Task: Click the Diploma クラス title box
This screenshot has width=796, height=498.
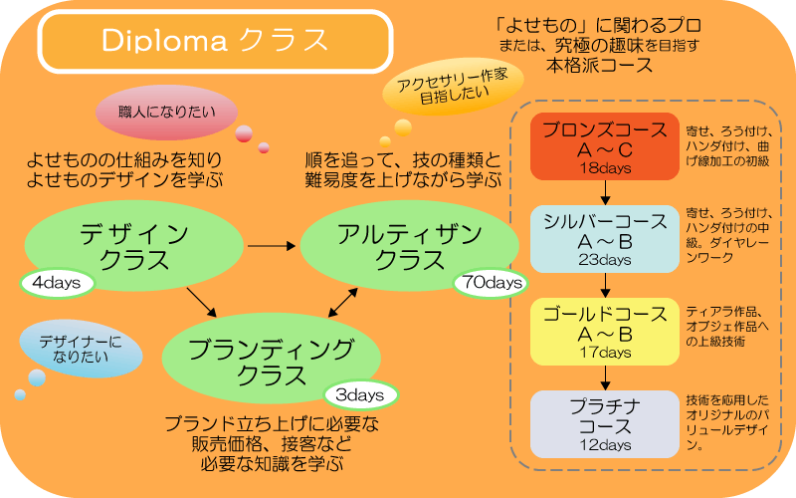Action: point(214,41)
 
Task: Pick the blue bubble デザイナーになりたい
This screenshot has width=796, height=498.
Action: point(81,351)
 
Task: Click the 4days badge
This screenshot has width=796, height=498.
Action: point(56,283)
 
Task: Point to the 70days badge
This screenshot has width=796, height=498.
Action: point(489,283)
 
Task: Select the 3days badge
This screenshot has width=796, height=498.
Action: point(359,394)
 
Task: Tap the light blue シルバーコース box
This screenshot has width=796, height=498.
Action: point(605,240)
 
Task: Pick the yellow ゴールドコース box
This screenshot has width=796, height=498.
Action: point(605,332)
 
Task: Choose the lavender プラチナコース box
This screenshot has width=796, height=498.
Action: point(605,423)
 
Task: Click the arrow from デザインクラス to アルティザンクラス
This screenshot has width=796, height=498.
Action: point(272,245)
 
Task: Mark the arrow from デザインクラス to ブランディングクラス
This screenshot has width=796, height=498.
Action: point(201,303)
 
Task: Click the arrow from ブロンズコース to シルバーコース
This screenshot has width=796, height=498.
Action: point(605,193)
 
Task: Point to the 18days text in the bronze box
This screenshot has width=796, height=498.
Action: point(605,168)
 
